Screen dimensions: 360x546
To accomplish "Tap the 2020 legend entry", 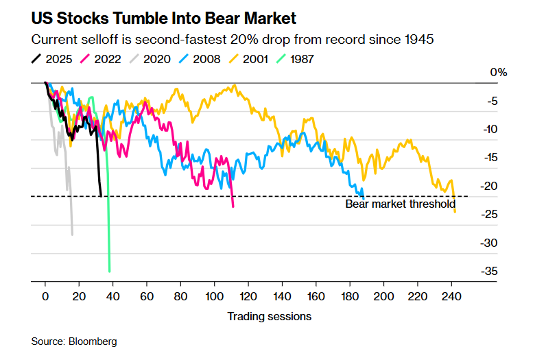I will pos(156,59).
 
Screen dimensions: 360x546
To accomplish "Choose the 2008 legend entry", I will pos(204,59).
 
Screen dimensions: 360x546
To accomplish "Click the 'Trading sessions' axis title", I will pos(269,316).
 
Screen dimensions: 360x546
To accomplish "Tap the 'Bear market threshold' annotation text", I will pos(400,204).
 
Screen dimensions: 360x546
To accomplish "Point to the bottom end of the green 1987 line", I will pos(110,271).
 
